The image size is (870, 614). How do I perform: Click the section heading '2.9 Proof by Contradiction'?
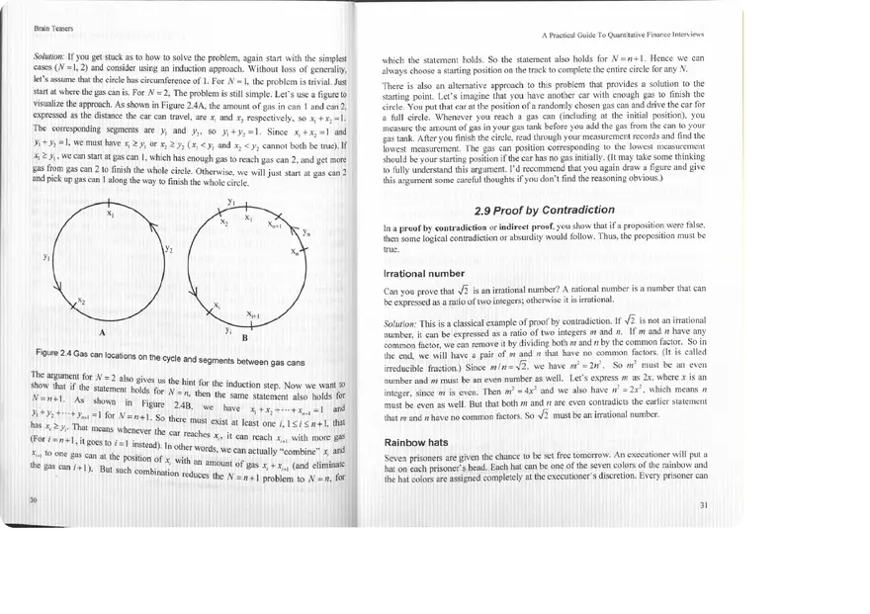(x=545, y=210)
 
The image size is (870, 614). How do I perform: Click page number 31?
(x=704, y=505)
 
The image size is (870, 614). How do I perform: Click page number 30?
(x=34, y=499)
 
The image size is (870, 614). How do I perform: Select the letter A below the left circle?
(x=103, y=331)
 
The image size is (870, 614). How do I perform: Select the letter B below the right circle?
(x=244, y=337)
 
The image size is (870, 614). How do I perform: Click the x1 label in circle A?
(x=110, y=213)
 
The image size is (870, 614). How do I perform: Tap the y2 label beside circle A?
(x=168, y=249)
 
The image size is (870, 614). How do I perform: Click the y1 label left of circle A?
(x=46, y=257)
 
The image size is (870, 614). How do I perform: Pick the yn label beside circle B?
(x=306, y=231)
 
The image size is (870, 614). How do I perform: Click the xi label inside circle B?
(x=217, y=304)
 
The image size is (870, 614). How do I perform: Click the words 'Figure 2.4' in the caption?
(x=57, y=353)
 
